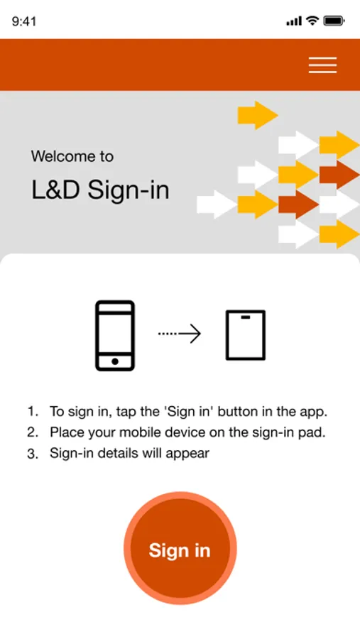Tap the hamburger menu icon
pos(322,65)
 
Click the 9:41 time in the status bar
pos(24,21)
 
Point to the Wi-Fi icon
pos(312,21)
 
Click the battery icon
pos(334,21)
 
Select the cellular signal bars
pos(294,21)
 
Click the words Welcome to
pos(72,156)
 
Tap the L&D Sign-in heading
pos(100,190)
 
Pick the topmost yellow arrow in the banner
pos(258,115)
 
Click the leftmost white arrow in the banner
pos(217,204)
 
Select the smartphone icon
pos(115,336)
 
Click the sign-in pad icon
pos(246,335)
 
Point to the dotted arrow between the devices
pos(180,334)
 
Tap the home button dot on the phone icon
pos(115,361)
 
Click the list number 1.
pos(32,411)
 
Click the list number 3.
pos(33,454)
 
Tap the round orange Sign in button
pos(180,548)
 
